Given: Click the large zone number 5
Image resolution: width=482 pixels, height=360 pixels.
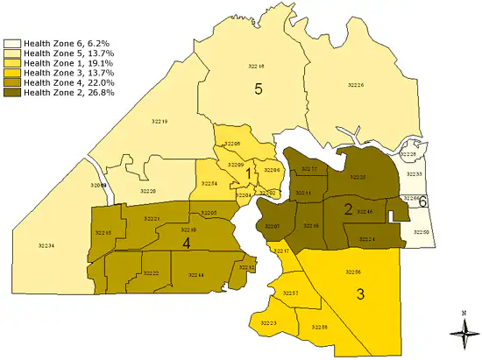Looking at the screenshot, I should pos(259,88).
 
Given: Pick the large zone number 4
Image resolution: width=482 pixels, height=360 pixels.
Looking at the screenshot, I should pos(187,243).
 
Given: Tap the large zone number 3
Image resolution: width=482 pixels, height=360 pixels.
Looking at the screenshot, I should pos(360,293).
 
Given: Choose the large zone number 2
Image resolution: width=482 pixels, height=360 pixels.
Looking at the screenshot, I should pos(348,208).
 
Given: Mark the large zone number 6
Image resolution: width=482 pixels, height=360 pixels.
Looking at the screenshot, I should pos(422,201).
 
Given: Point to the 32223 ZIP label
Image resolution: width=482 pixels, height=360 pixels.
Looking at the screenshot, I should pos(268,323).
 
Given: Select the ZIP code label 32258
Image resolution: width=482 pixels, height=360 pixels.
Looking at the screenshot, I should pos(319,326).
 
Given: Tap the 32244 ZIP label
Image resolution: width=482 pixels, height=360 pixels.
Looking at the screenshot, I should pos(195,275).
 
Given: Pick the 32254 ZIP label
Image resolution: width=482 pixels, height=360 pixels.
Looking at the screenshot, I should pos(209,183).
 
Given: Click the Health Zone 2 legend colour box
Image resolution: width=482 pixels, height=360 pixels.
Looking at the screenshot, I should pos(12,93).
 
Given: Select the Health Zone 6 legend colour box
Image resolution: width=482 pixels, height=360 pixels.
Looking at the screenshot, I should pos(12,42).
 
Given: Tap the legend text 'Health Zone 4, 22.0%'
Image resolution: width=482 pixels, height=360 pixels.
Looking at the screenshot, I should pos(69,82).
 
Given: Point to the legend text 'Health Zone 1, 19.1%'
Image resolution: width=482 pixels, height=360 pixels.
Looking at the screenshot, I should pos(69,62).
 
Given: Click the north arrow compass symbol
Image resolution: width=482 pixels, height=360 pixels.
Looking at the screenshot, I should pos(462,330).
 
